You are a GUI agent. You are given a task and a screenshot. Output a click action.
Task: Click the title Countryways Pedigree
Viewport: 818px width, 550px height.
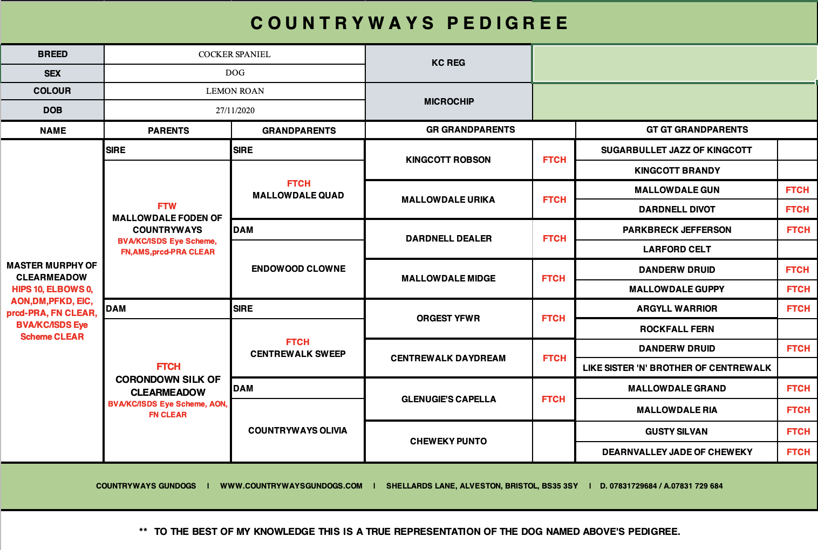410,23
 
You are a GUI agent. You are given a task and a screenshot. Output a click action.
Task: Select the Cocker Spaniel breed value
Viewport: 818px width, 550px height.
234,54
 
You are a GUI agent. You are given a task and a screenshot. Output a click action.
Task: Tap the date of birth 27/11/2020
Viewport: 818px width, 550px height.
235,111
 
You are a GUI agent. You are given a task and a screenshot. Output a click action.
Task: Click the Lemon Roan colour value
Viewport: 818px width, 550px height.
235,91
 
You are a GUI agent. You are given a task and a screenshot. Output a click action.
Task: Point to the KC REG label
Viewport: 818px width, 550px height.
448,63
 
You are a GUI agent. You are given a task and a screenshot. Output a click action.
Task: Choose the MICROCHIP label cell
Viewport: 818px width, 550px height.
448,102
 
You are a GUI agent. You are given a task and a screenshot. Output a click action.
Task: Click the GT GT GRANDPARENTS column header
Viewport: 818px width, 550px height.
697,130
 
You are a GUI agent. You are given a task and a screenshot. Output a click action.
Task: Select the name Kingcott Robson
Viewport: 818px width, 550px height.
448,160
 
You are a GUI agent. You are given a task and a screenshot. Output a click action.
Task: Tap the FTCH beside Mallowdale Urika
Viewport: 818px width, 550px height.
554,200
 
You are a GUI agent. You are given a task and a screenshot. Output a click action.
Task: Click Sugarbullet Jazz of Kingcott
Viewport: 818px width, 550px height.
676,150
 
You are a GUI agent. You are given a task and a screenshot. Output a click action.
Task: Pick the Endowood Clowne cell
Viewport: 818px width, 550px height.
298,269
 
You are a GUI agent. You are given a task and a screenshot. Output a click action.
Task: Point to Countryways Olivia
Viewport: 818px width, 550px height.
297,431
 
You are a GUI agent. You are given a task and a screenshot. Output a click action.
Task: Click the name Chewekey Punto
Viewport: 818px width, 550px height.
448,442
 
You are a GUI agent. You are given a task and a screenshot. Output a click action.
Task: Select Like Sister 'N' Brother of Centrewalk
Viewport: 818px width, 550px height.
677,368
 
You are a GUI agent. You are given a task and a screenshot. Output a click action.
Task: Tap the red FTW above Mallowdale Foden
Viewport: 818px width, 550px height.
167,207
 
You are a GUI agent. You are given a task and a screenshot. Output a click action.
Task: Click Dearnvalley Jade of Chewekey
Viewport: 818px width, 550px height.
677,452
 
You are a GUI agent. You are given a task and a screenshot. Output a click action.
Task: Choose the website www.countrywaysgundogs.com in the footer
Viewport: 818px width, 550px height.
291,486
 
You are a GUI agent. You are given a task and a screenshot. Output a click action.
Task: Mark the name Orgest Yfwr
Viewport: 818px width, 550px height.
448,319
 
